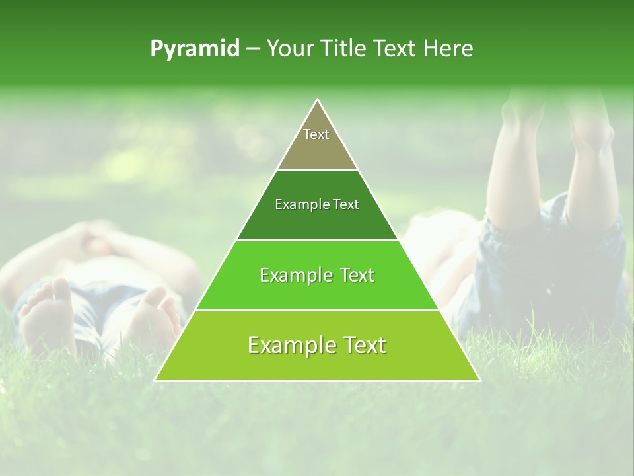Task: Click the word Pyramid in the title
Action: point(195,49)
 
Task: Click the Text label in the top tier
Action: point(316,134)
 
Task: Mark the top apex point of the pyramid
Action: point(318,99)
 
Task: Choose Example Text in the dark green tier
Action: point(317,204)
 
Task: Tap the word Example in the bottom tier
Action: point(286,345)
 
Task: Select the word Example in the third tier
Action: point(291,275)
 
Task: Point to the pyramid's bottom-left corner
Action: point(155,381)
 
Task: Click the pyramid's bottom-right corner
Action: point(480,381)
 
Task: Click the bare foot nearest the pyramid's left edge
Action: point(159,317)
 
